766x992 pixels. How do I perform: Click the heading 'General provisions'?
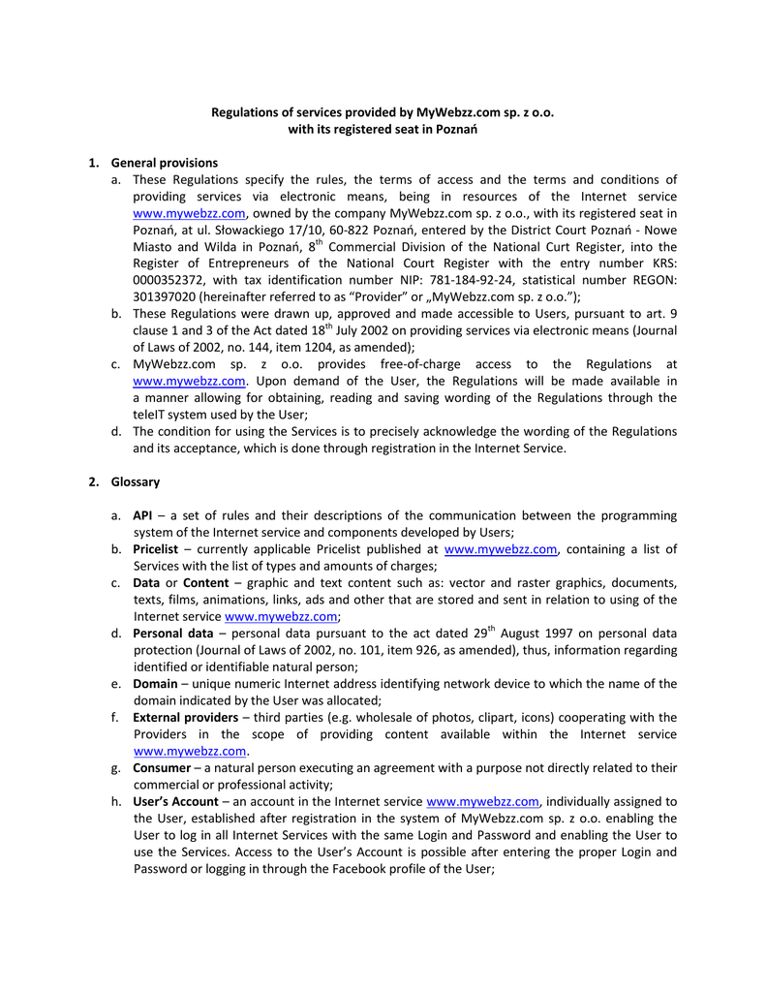[165, 163]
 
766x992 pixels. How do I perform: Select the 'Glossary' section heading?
[136, 481]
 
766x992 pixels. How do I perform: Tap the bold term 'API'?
[143, 515]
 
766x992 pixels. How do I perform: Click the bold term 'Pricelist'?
[156, 549]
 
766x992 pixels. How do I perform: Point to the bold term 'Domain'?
[155, 683]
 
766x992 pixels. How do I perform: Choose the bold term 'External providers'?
[185, 717]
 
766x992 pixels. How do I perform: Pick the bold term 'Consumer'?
[162, 767]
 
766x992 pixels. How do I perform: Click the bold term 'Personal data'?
[172, 634]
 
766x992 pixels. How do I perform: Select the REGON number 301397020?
[160, 296]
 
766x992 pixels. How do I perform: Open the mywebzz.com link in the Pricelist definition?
[500, 549]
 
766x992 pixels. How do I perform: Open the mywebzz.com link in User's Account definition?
[482, 801]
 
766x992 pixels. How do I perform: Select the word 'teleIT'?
[150, 414]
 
